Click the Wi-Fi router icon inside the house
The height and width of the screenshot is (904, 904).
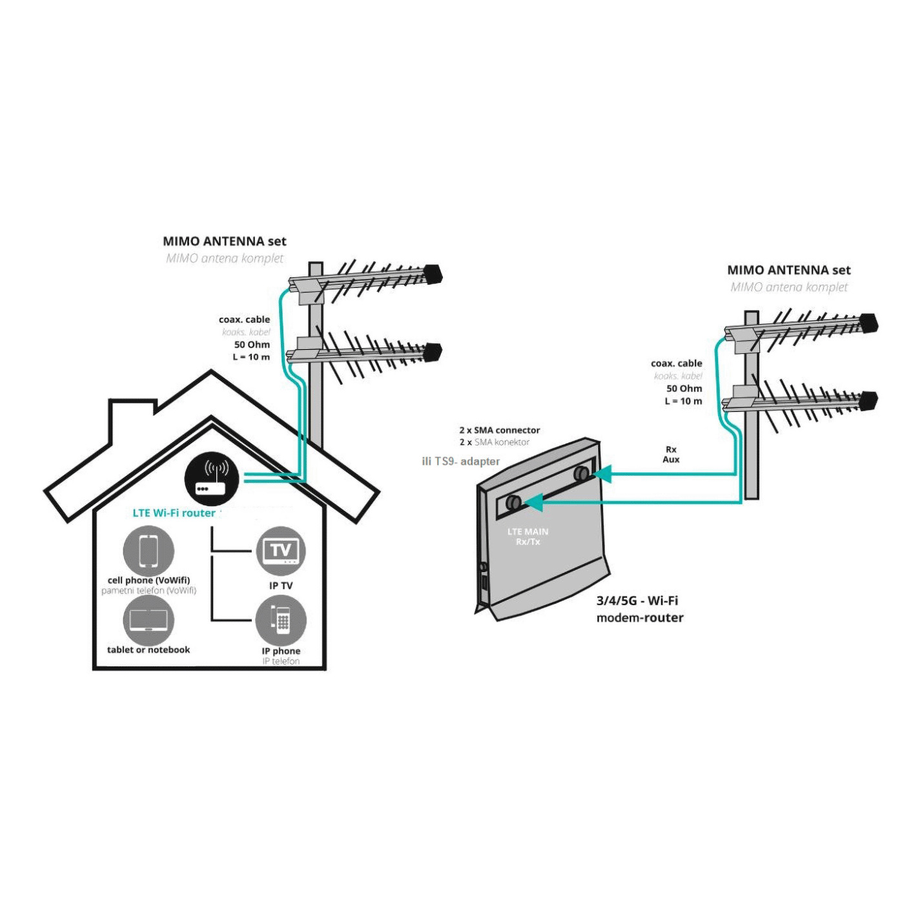click(x=212, y=478)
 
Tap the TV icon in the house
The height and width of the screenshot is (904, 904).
click(x=280, y=551)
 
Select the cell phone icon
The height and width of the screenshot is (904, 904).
click(x=149, y=551)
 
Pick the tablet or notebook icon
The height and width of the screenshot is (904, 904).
click(x=149, y=620)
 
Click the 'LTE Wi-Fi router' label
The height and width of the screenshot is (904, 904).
click(x=174, y=513)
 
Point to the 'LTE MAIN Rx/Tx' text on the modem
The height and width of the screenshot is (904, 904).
click(x=528, y=537)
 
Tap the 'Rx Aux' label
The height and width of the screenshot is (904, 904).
click(x=671, y=455)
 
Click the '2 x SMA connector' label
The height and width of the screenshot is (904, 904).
click(x=499, y=430)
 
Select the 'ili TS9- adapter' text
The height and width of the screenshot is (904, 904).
click(x=460, y=461)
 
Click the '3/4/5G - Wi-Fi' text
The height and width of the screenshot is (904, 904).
click(x=637, y=601)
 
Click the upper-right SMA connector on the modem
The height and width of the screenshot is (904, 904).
click(x=581, y=473)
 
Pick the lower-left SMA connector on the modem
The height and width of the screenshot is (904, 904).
click(x=513, y=502)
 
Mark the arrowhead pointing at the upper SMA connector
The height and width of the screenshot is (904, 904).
click(x=602, y=475)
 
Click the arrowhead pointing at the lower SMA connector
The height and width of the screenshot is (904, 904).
click(x=533, y=502)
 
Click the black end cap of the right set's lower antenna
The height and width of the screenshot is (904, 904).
click(x=869, y=401)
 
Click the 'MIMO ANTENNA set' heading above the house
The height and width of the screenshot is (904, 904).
click(x=224, y=241)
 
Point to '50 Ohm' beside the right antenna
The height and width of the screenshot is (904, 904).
click(x=684, y=389)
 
